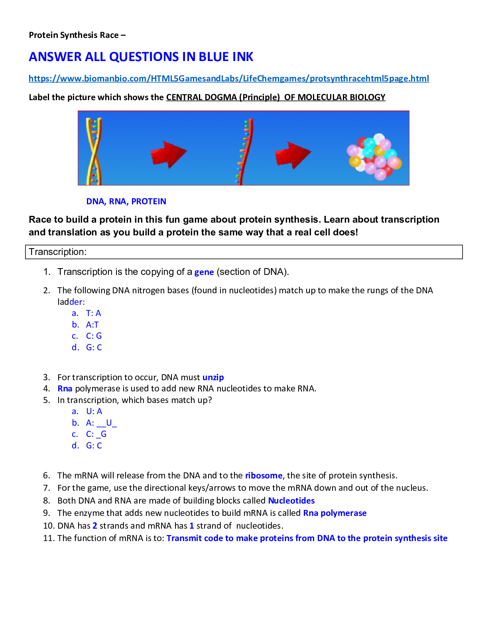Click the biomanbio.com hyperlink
pos(228,79)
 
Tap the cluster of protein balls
pos(374,156)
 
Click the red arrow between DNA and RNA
pos(168,154)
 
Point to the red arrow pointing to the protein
pos(293,154)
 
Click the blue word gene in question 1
pos(204,272)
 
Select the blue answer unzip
pos(213,377)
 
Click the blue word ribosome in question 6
pos(264,476)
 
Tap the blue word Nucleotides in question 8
pos(291,501)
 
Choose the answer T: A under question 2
pos(93,313)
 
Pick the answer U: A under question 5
pos(94,411)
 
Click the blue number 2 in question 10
pos(95,526)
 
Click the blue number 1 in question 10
pos(192,526)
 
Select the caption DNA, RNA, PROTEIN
pos(126,201)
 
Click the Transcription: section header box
pos(244,252)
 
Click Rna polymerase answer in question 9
pos(335,513)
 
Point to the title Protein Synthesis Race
pos(74,35)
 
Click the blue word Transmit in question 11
pos(184,538)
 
